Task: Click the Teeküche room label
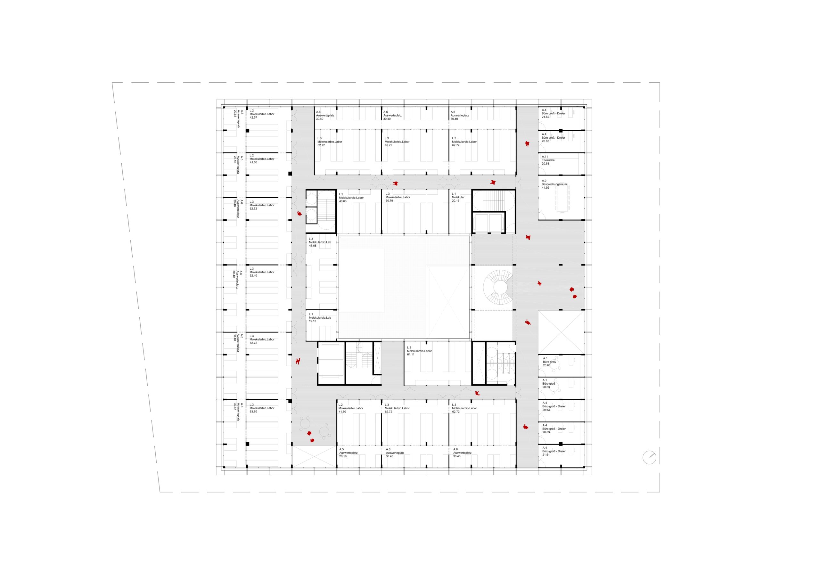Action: pos(548,160)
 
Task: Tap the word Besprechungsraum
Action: pos(554,184)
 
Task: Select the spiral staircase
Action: pos(497,286)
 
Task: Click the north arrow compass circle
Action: pos(649,458)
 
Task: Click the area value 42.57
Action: pos(253,118)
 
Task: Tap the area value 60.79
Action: pos(389,201)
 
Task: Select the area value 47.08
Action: pos(313,246)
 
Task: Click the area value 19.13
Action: pos(313,321)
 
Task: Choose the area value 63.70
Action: pos(253,412)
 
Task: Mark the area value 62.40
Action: pos(253,276)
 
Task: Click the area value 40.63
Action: pos(343,201)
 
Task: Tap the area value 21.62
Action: pos(546,117)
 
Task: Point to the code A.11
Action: pos(545,156)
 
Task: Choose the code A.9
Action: pos(544,181)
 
